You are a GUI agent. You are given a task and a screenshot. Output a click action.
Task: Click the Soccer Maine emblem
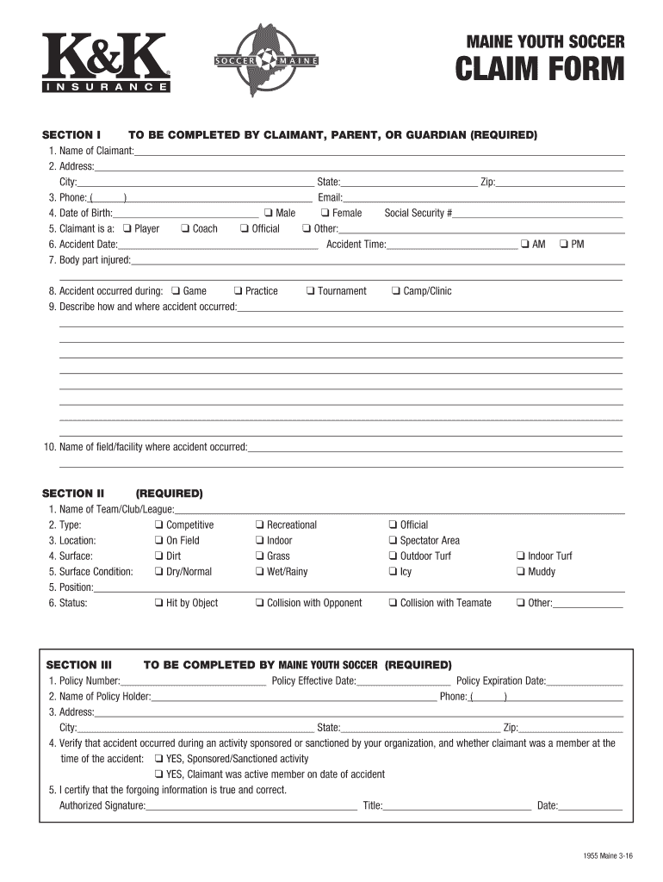pyautogui.click(x=266, y=61)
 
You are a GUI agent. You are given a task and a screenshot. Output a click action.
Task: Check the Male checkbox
pyautogui.click(x=269, y=214)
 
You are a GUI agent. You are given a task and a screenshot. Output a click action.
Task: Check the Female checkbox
pyautogui.click(x=325, y=214)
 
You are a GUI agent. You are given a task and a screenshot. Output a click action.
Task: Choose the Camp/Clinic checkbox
pyautogui.click(x=396, y=291)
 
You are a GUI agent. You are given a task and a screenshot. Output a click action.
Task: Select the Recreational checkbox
pyautogui.click(x=259, y=525)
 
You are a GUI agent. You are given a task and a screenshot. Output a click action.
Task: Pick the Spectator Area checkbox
pyautogui.click(x=393, y=541)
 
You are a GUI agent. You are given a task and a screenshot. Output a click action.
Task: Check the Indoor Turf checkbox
pyautogui.click(x=521, y=556)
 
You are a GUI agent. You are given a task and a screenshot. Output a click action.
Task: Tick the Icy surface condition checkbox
pyautogui.click(x=393, y=572)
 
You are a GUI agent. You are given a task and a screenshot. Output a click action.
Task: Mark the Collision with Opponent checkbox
pyautogui.click(x=259, y=603)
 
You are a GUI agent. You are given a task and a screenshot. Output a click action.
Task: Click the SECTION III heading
pyautogui.click(x=79, y=665)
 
